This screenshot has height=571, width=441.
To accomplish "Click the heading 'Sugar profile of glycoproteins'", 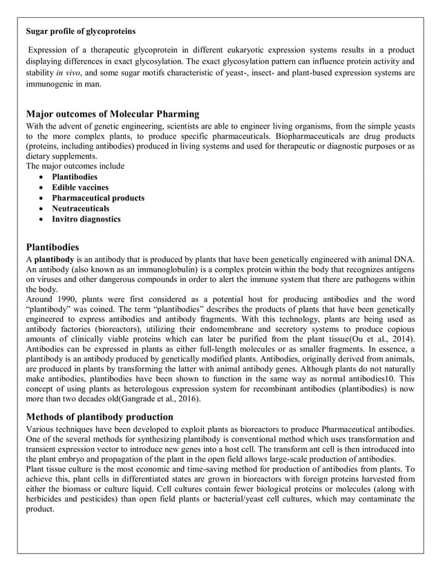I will point(80,31).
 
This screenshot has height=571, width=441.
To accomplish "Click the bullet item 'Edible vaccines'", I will point(80,187).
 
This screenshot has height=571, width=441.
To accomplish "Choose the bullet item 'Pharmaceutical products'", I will point(98,198).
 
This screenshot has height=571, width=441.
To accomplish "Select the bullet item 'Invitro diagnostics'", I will point(86,219).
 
